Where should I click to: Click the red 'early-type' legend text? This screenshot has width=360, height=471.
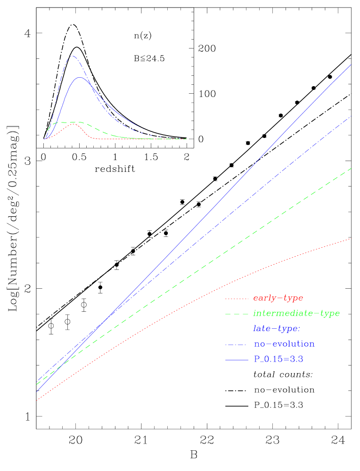point(278,298)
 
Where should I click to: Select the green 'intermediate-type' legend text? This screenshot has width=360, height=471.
point(296,313)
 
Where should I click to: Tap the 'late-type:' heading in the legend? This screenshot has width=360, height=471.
point(277,328)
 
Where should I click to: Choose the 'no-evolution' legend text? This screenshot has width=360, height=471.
point(284,344)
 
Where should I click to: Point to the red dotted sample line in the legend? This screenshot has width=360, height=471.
point(237,299)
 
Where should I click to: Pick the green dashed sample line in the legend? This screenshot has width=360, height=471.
point(237,314)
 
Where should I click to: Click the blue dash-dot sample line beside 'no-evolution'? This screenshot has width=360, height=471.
point(237,344)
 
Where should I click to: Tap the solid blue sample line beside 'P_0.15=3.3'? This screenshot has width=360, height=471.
point(237,360)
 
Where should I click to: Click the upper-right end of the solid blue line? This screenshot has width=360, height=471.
point(351,65)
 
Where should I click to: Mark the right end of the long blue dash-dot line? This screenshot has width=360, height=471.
point(351,116)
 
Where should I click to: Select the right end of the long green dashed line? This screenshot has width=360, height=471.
point(351,168)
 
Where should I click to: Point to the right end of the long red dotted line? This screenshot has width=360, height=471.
point(350,239)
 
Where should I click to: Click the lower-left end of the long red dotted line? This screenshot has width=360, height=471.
point(37,400)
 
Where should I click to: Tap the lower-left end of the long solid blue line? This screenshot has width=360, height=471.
point(37,391)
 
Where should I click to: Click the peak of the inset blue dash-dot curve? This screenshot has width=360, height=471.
point(72,56)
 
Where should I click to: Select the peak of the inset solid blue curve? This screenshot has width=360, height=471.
point(81,77)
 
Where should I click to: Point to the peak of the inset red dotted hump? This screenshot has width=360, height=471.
point(74,124)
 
